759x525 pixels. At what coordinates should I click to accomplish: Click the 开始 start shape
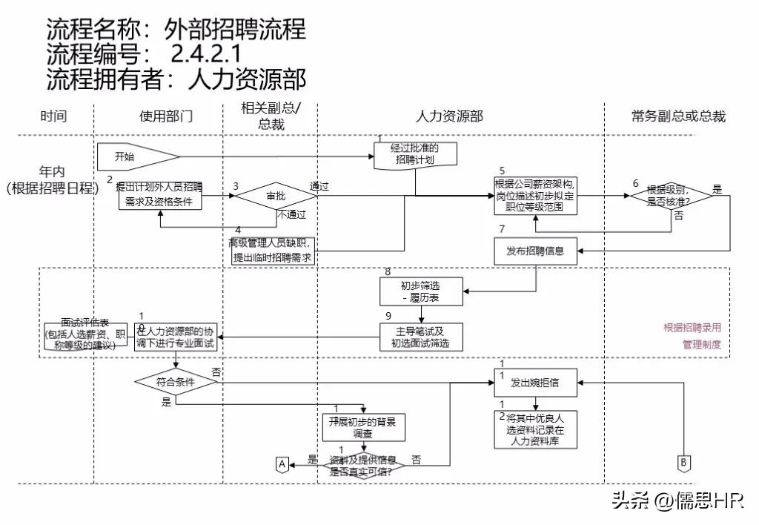[x=137, y=156]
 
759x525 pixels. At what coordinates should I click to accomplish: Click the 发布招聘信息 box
[x=535, y=251]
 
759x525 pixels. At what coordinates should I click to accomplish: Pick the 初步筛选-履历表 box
[x=421, y=291]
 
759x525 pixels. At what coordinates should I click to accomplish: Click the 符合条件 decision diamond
[x=175, y=383]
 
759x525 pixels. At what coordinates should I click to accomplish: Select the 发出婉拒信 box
[x=535, y=383]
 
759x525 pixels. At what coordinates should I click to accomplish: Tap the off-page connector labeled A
[x=282, y=463]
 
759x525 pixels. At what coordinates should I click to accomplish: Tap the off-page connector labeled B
[x=683, y=462]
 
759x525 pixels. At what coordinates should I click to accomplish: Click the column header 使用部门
[x=166, y=116]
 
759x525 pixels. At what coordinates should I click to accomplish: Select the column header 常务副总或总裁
[x=677, y=116]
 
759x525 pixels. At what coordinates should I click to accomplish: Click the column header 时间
[x=53, y=116]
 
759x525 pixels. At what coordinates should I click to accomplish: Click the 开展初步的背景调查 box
[x=362, y=428]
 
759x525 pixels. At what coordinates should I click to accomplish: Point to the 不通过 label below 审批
[x=292, y=215]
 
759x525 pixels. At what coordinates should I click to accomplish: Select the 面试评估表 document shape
[x=85, y=336]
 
